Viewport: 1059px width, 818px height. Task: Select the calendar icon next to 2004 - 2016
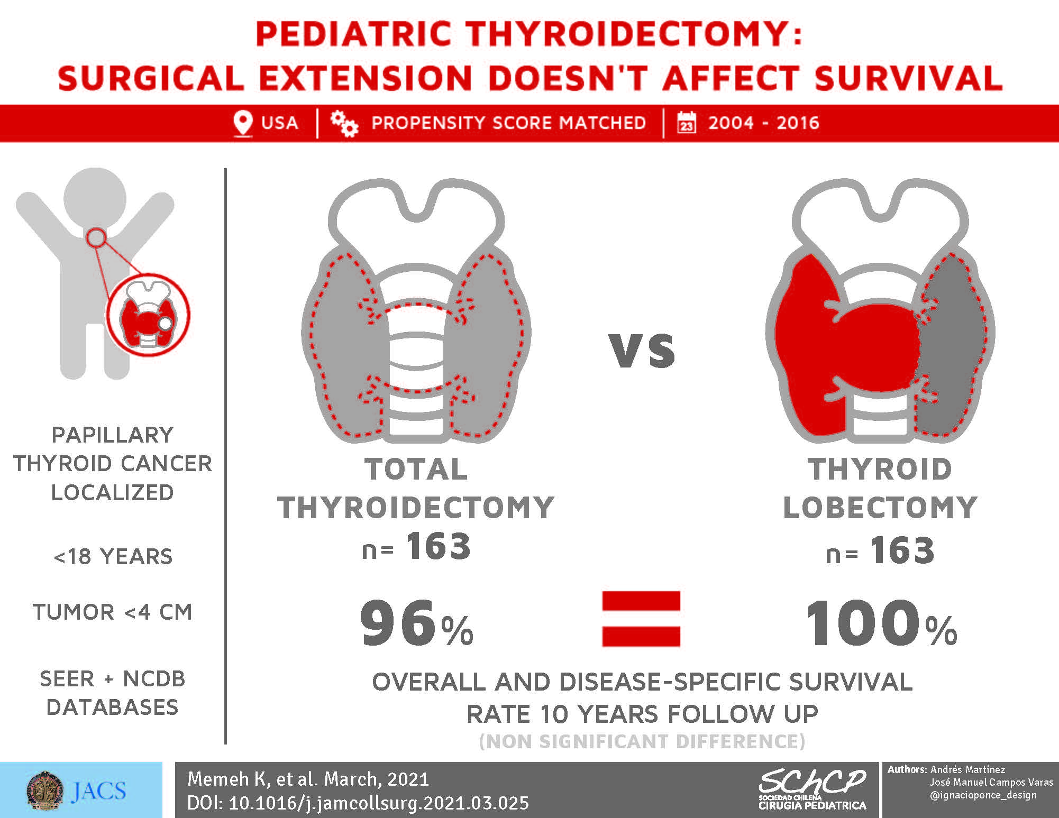[687, 122]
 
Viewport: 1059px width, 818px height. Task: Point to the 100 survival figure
[864, 623]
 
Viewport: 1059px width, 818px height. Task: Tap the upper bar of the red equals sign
[641, 601]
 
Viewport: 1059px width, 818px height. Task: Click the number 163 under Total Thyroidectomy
[439, 546]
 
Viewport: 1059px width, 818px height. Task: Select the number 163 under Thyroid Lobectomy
[902, 550]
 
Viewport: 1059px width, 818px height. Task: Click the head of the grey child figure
[95, 199]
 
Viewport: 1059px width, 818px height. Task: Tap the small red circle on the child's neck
[96, 238]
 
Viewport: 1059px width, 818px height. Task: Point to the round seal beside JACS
[45, 791]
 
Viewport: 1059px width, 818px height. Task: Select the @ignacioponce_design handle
[983, 795]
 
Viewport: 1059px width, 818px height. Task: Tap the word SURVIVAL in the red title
[908, 78]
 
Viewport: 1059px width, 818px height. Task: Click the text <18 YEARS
[113, 557]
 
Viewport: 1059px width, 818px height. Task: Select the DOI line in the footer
[358, 803]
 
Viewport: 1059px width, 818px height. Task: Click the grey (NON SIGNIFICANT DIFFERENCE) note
[642, 741]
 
